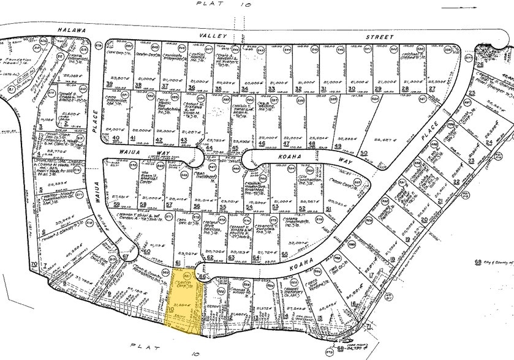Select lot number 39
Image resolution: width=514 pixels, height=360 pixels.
(110, 84)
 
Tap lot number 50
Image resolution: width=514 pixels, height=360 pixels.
(364, 152)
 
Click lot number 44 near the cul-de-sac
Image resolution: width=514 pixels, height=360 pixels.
(210, 148)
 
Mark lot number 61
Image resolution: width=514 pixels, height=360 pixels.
(178, 263)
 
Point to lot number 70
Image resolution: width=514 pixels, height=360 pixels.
(33, 263)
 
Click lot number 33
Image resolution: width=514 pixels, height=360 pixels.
(271, 89)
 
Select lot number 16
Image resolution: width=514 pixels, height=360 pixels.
(354, 302)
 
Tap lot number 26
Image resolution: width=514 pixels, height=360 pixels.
(480, 64)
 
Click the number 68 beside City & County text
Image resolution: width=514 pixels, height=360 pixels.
(477, 264)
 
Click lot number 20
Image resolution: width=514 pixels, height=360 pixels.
(425, 219)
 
